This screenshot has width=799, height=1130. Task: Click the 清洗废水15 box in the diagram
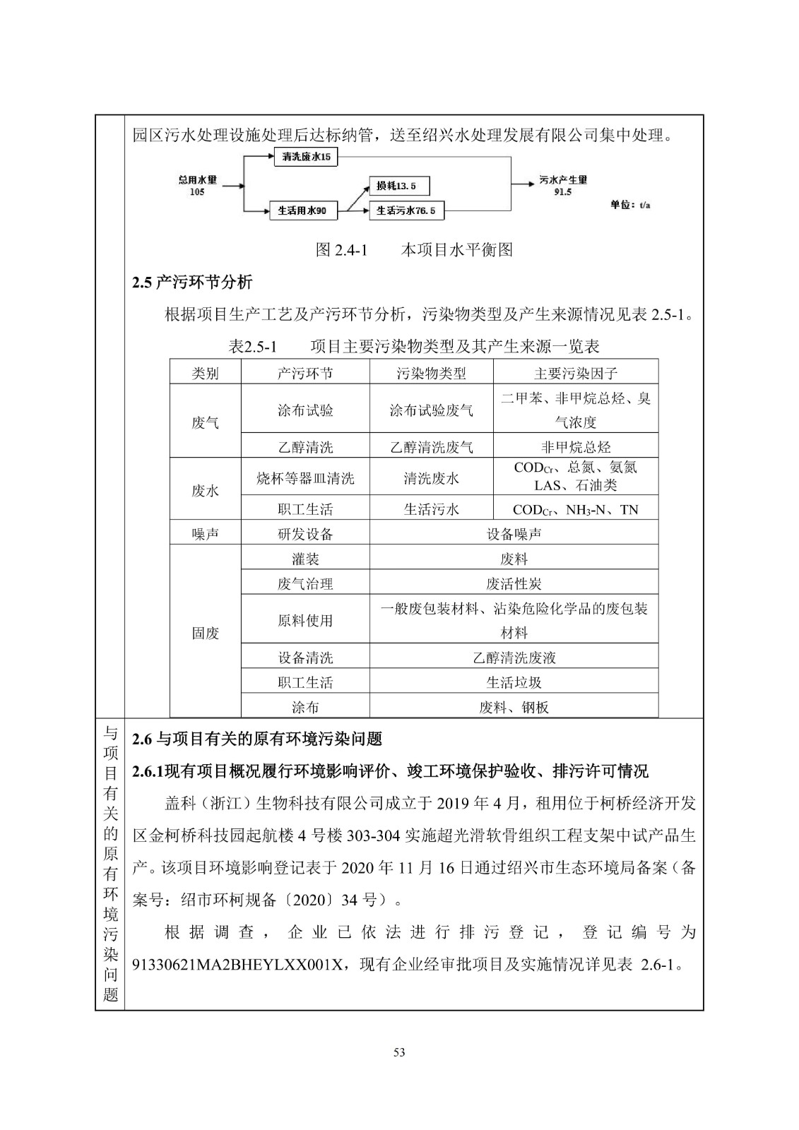tap(305, 157)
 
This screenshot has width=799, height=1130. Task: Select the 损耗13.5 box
tap(398, 186)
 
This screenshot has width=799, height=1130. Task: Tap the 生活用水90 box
tap(302, 210)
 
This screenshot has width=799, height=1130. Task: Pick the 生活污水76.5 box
tap(406, 210)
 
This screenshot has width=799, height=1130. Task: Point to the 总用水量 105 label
tap(197, 186)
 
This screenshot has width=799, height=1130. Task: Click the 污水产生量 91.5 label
tap(563, 185)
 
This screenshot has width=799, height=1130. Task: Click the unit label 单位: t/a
tap(630, 205)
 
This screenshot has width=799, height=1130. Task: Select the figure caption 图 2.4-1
tap(342, 249)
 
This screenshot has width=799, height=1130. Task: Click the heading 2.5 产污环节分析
tap(192, 282)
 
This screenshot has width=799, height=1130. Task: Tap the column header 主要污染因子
tap(575, 373)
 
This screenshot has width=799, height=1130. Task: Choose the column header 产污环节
tap(305, 373)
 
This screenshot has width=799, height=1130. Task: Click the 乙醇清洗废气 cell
tap(431, 447)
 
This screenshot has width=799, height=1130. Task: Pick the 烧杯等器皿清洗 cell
tap(305, 478)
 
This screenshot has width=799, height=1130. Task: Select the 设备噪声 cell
tap(514, 534)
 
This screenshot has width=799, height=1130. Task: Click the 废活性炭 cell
tap(514, 583)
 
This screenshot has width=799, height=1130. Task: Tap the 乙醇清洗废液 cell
tap(514, 658)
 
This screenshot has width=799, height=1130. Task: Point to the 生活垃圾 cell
tap(514, 682)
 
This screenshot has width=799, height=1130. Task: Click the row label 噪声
tap(205, 534)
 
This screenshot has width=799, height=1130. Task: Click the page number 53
tap(399, 1053)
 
